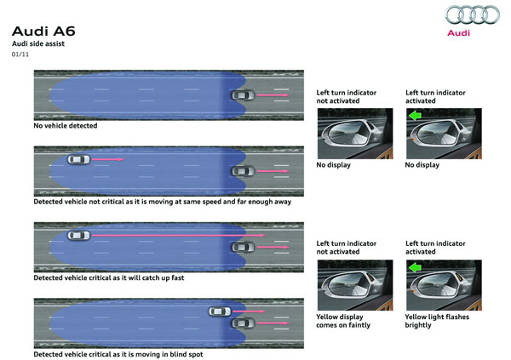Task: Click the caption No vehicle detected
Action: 66,126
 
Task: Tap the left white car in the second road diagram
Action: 78,158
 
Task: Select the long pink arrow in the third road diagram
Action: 179,235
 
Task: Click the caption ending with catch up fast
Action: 108,277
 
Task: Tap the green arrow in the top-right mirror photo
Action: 416,116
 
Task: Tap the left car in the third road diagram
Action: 78,235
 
